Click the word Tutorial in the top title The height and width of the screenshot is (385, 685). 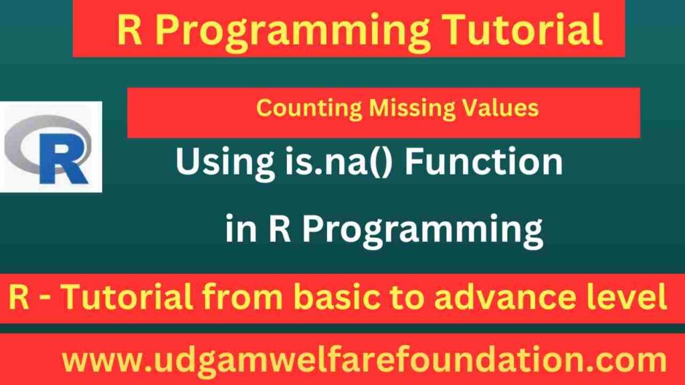click(x=523, y=29)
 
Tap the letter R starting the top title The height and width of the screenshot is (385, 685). click(x=129, y=29)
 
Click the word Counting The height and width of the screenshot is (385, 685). click(x=309, y=108)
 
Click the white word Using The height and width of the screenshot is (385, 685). click(x=225, y=162)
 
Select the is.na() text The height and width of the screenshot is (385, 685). click(x=338, y=162)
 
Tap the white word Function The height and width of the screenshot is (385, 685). click(x=484, y=161)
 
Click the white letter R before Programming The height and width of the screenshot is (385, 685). click(x=280, y=229)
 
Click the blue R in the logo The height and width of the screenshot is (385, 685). click(x=64, y=158)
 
